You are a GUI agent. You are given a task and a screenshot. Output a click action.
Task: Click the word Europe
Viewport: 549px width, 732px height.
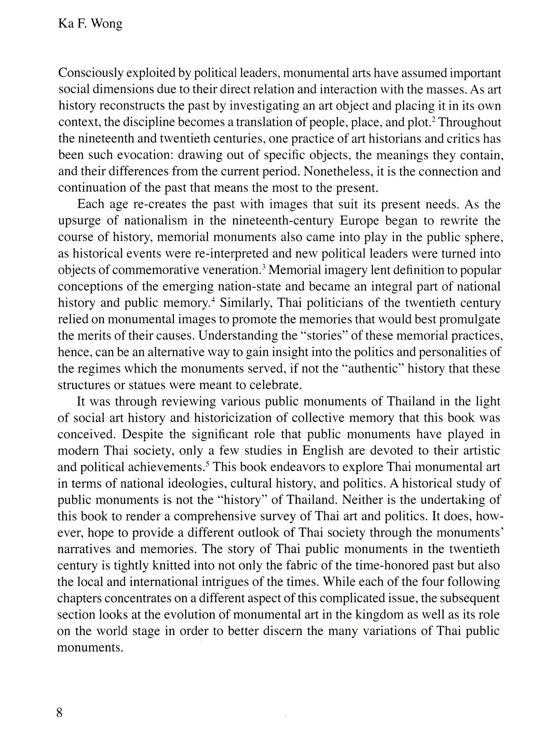364,221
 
